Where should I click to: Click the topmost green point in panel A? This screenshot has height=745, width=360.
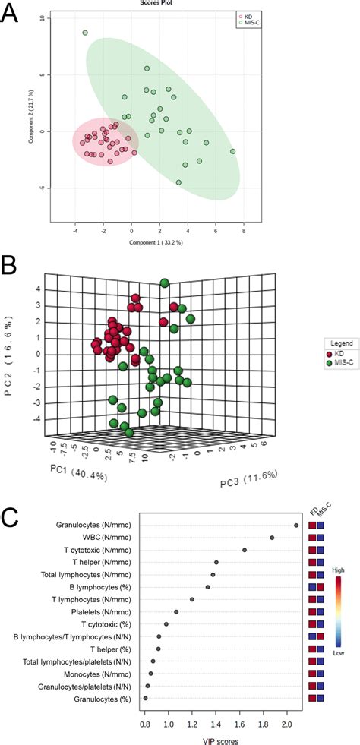coord(85,33)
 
